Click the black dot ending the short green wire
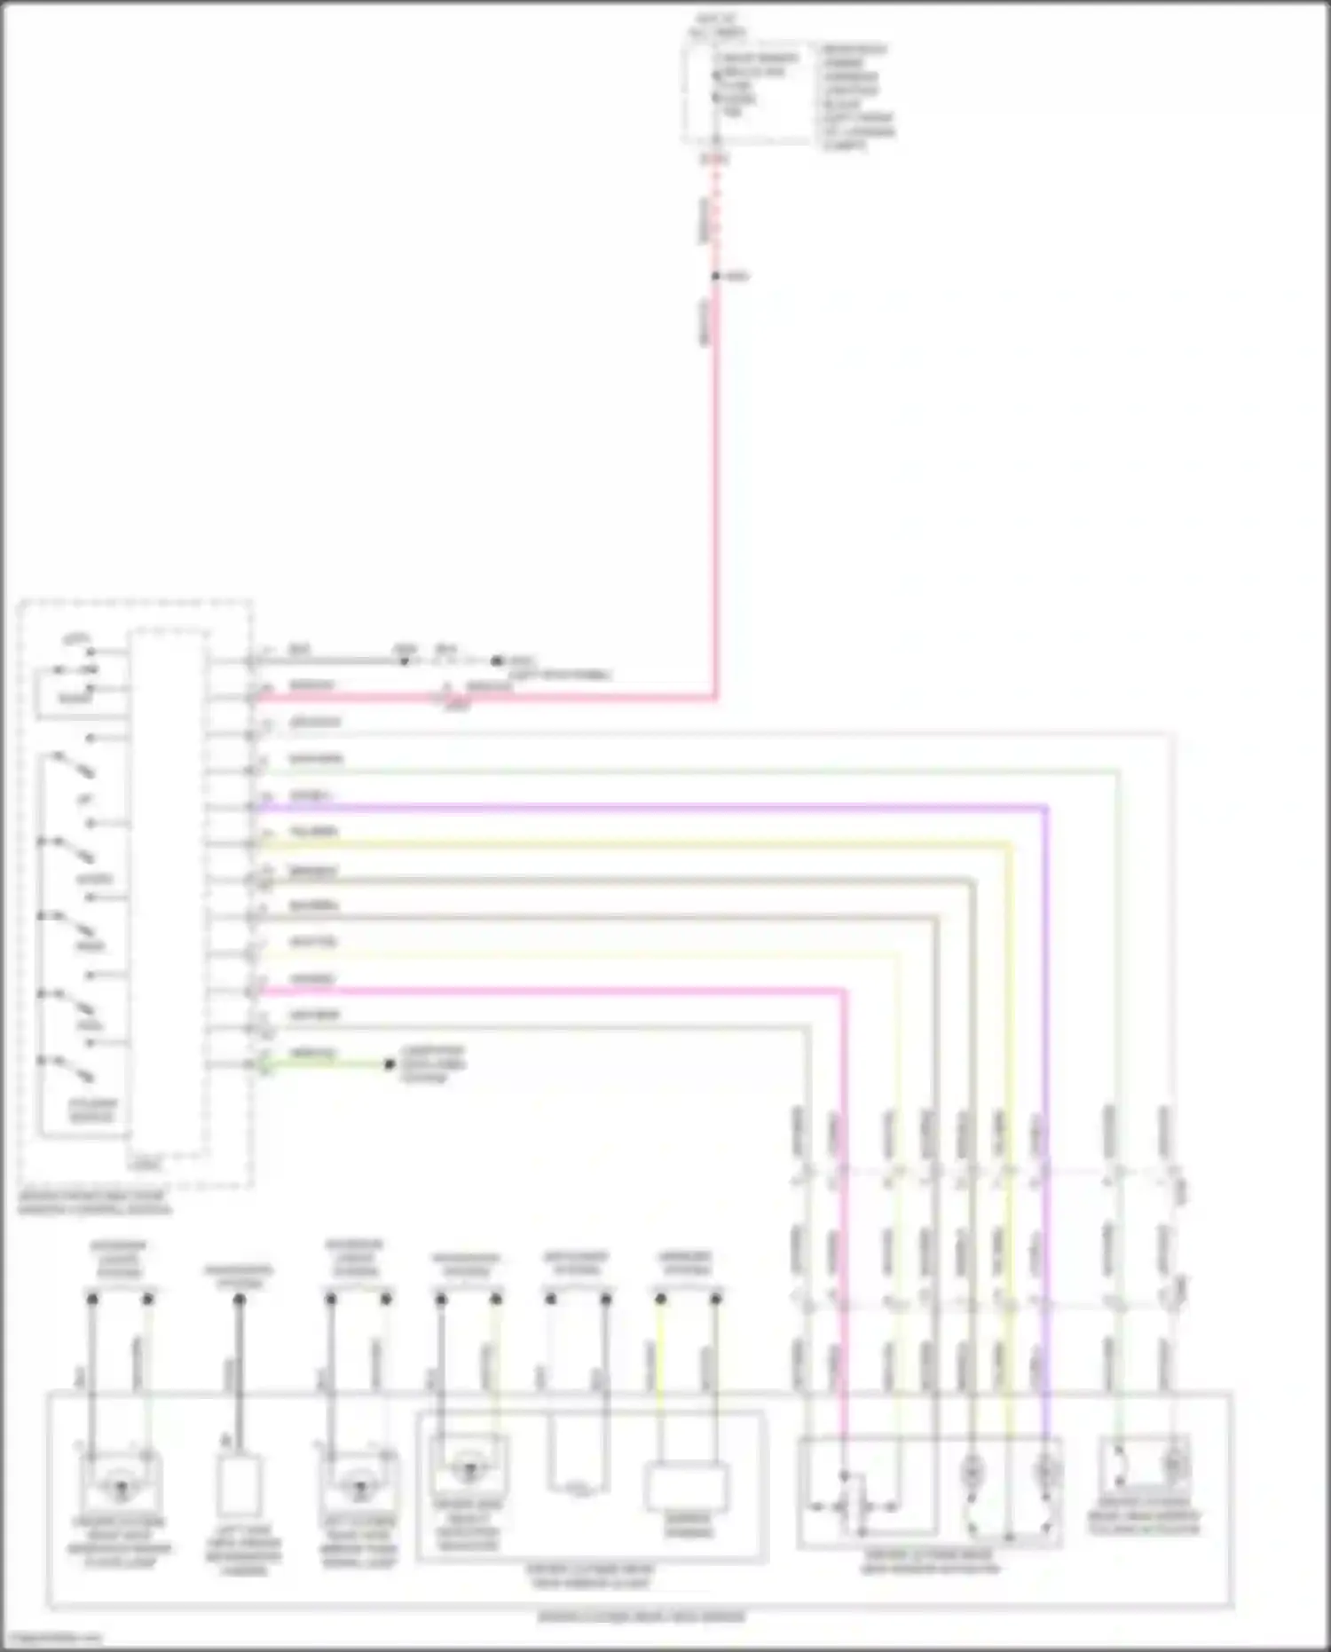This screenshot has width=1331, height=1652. coord(389,1063)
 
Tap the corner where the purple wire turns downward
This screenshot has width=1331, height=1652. coord(1047,808)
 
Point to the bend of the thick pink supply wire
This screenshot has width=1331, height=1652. coord(715,697)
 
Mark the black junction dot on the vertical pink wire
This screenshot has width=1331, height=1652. coord(716,276)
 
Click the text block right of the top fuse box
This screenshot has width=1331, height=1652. coord(856,97)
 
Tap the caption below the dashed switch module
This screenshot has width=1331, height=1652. coord(95,1203)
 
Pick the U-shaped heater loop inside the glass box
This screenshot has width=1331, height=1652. coord(578,1456)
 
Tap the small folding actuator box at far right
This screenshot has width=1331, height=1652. coord(1144,1464)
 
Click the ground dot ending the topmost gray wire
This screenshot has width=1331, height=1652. coord(497,661)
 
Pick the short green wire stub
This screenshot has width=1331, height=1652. coord(324,1063)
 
